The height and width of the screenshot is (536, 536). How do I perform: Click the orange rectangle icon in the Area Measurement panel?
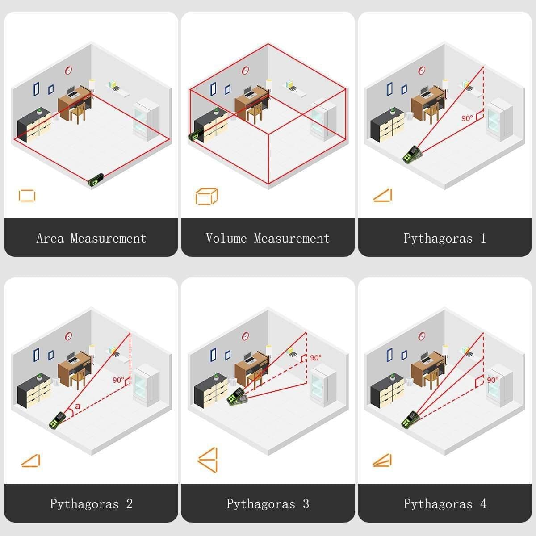pyautogui.click(x=19, y=196)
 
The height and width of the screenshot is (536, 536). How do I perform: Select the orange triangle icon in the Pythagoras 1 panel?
pyautogui.click(x=390, y=195)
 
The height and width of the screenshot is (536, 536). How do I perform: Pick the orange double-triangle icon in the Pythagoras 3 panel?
pyautogui.click(x=216, y=460)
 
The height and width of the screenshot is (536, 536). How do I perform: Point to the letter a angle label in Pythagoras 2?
pyautogui.click(x=78, y=406)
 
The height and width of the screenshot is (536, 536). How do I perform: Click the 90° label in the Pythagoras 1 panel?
pyautogui.click(x=467, y=118)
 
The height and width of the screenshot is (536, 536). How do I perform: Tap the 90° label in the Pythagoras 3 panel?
pyautogui.click(x=316, y=358)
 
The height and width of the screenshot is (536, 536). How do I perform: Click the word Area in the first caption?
pyautogui.click(x=50, y=238)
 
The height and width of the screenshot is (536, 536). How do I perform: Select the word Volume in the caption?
pyautogui.click(x=226, y=238)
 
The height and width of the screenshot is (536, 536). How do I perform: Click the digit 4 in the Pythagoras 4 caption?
pyautogui.click(x=483, y=504)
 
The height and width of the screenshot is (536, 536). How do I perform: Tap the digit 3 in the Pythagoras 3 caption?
pyautogui.click(x=306, y=504)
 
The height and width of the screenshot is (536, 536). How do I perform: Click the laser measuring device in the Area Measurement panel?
pyautogui.click(x=96, y=180)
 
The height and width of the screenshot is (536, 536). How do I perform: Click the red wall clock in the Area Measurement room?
pyautogui.click(x=68, y=71)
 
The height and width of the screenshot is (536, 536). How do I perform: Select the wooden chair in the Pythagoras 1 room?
pyautogui.click(x=431, y=113)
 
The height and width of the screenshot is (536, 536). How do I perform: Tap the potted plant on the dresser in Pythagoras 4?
pyautogui.click(x=393, y=377)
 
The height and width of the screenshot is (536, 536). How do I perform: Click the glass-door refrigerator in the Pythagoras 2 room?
pyautogui.click(x=146, y=385)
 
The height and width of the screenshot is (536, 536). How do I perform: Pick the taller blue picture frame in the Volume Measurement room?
pyautogui.click(x=213, y=89)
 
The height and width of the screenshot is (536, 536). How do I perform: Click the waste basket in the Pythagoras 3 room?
pyautogui.click(x=233, y=381)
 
